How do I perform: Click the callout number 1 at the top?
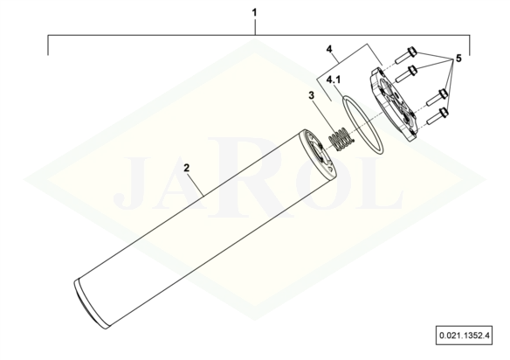(254, 13)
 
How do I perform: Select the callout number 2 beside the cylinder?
(187, 169)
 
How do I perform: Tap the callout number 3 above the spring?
(312, 96)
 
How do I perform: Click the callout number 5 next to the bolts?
(458, 59)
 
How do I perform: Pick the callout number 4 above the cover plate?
(329, 49)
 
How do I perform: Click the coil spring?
(341, 139)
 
